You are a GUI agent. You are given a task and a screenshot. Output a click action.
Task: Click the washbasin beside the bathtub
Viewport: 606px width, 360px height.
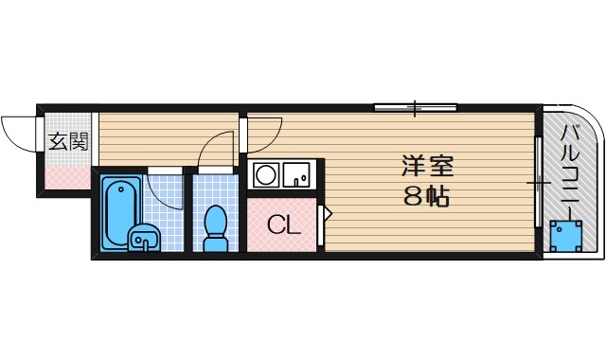coord(144,239)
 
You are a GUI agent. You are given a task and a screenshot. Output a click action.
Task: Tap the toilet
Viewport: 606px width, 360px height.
coord(216,228)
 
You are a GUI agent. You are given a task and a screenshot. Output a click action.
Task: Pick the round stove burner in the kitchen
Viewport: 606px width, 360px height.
coord(266,175)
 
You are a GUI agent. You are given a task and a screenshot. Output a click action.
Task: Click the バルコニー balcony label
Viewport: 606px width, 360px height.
coord(572,170)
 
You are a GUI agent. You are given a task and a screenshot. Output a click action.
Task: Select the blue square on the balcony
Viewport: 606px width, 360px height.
coord(566,235)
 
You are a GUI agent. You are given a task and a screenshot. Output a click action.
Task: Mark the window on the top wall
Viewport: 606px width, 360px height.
coord(415,108)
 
